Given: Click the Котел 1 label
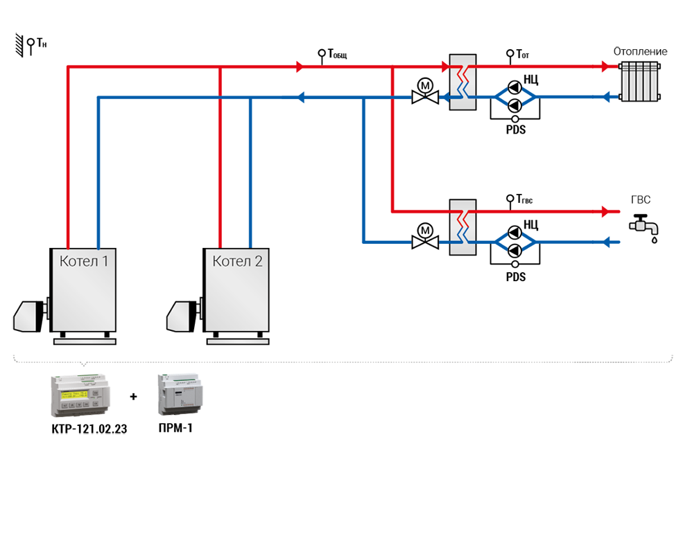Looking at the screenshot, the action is (84, 261).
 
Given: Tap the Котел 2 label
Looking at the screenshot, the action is (237, 261).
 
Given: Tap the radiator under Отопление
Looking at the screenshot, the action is (640, 81).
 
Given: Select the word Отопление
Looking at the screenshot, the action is (640, 51).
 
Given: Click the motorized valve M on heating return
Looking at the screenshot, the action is (425, 91).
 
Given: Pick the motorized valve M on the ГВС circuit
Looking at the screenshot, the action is (425, 237).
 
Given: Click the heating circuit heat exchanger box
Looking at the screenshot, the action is (462, 82).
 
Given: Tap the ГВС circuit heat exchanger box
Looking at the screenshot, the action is (462, 227).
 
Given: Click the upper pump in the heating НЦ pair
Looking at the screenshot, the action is (515, 87).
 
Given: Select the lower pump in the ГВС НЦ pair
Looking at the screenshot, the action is (515, 251).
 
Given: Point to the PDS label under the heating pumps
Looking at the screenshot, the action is (516, 129).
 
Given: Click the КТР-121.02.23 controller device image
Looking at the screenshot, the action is (80, 395).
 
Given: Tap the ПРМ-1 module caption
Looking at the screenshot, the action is (175, 429).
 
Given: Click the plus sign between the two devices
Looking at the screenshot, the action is (133, 397).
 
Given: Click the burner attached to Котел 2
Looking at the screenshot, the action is (184, 316).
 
